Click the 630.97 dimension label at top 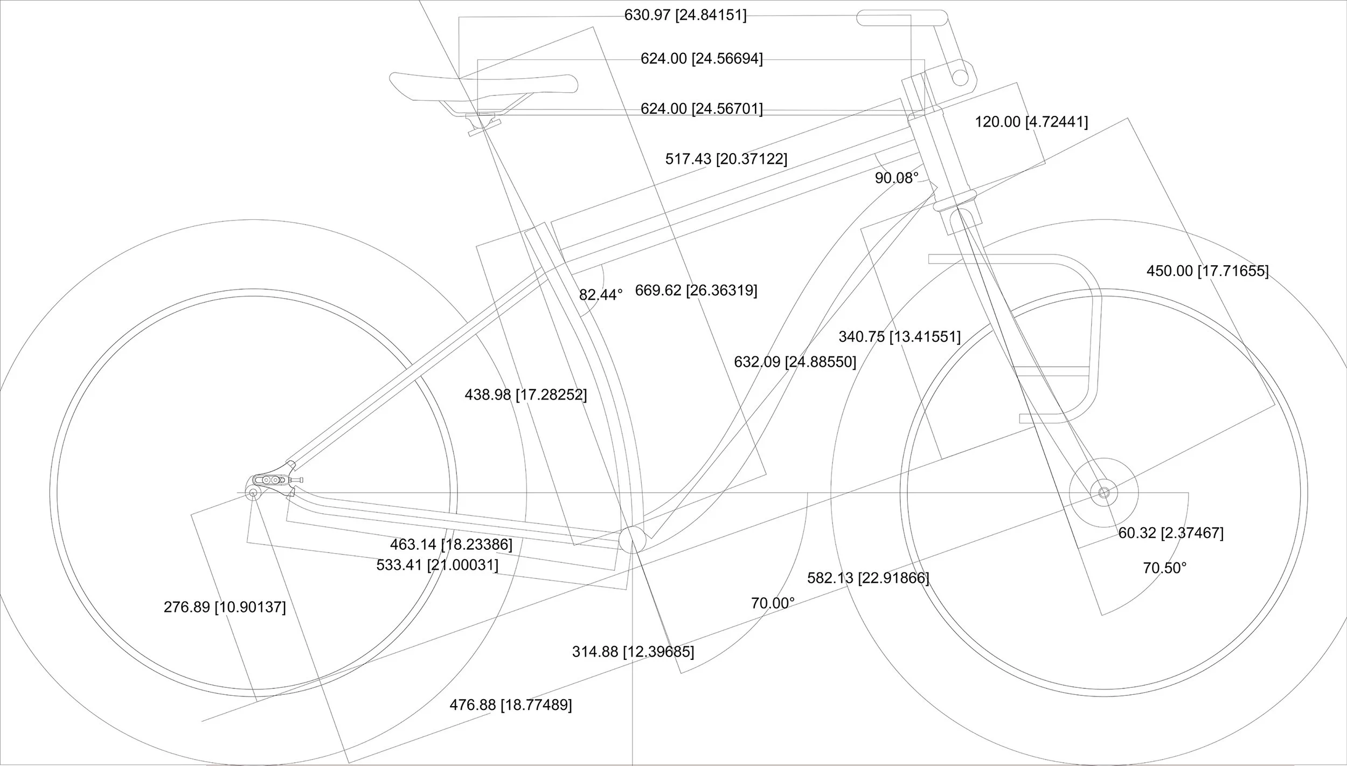[685, 15]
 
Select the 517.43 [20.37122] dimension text [726, 159]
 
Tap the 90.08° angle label [896, 178]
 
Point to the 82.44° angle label [600, 295]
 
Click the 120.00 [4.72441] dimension [1031, 122]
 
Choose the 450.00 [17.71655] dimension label [1207, 271]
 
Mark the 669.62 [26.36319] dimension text [696, 291]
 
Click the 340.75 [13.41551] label [899, 337]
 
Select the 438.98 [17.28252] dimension [525, 395]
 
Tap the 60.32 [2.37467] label [1171, 533]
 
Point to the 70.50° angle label [1164, 568]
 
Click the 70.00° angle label [773, 603]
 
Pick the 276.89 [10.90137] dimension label [225, 607]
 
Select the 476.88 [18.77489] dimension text [510, 705]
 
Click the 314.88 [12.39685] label [633, 652]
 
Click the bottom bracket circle [632, 540]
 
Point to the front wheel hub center [1103, 492]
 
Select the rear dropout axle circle [252, 492]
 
